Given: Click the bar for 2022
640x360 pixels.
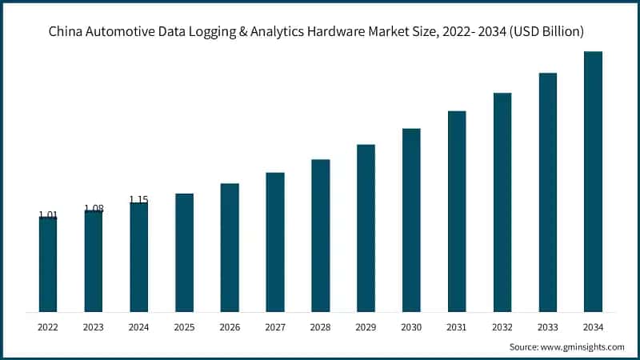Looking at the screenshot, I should (48, 264).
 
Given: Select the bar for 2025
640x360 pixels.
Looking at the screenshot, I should (184, 252).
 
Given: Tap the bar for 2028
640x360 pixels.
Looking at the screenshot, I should (320, 235).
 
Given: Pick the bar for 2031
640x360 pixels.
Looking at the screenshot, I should (457, 211).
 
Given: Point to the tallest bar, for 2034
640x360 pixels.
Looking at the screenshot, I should (593, 182).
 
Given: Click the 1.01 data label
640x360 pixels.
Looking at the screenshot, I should (48, 214).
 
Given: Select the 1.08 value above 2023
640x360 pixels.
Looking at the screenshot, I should (94, 208).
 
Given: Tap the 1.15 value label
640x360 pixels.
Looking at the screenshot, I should (139, 199).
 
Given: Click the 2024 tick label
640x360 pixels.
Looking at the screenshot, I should (139, 326).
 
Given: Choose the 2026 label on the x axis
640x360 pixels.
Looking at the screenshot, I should (230, 326).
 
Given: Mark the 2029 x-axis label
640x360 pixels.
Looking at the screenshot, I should (366, 326).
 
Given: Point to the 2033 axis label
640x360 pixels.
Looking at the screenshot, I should (547, 326).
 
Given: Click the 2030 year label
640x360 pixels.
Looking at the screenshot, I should (411, 326).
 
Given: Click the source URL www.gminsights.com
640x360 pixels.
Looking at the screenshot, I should (582, 347).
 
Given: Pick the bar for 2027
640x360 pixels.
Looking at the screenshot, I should (275, 242).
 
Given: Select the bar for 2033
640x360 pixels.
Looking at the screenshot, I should (547, 192).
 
